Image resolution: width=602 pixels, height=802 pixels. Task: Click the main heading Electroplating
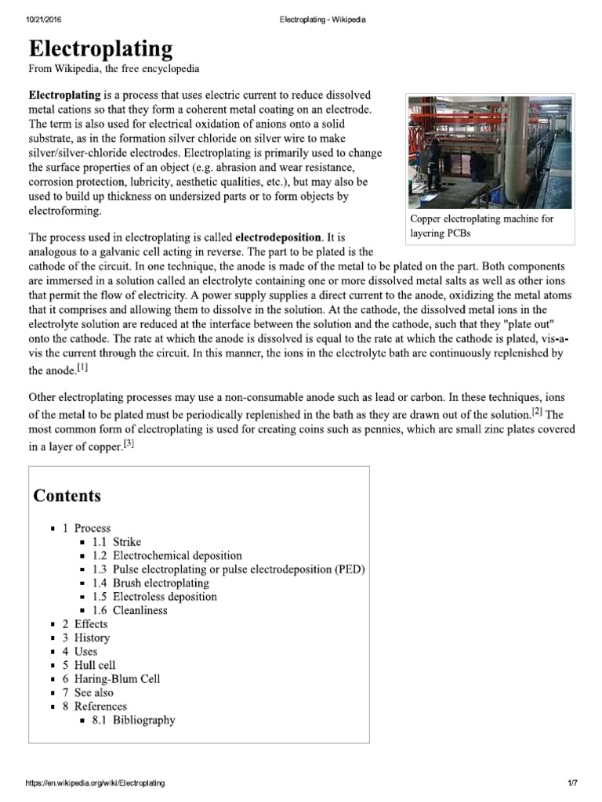coord(100,49)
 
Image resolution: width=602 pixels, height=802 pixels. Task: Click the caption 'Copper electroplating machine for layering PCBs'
coord(481,226)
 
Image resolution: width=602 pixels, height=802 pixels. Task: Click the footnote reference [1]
coord(82,367)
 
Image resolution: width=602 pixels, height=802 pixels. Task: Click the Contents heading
coord(67,496)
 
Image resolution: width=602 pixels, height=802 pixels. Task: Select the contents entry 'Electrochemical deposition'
coord(177,555)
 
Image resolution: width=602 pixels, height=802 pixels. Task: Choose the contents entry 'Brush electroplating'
coord(161,583)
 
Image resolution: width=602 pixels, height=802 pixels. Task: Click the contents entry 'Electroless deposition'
coord(165,597)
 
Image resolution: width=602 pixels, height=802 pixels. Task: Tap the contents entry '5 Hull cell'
coord(89,665)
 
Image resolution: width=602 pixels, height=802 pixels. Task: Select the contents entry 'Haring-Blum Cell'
coord(117,679)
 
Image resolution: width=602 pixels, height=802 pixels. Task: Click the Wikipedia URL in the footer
coord(96,782)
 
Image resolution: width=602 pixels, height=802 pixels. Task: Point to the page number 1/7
coord(572,782)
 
